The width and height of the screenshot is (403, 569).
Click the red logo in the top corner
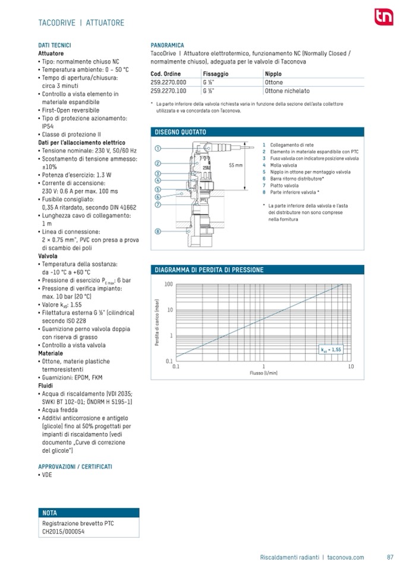coord(380,18)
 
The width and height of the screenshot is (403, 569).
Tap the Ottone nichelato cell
coord(287,91)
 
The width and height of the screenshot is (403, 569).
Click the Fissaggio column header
coord(215,74)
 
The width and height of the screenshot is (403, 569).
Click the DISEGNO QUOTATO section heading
coord(180,132)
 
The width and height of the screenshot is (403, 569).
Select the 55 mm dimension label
coord(236,166)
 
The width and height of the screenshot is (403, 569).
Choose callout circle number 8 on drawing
coord(158,231)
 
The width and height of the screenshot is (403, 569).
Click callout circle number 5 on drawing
coord(158,189)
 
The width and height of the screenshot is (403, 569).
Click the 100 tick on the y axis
coord(169,284)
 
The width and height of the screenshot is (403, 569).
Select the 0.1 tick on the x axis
coord(176,367)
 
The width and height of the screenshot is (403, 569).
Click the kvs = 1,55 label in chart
coord(331,350)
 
